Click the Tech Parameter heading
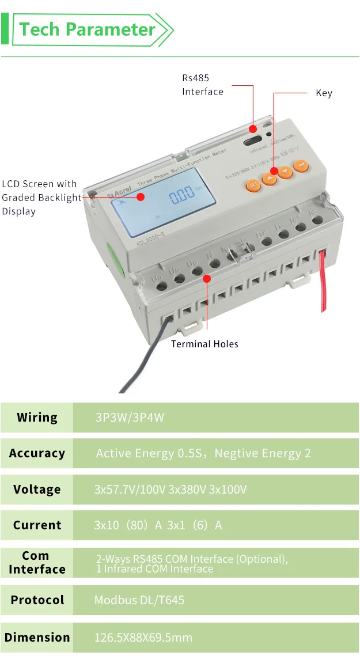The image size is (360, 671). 88,29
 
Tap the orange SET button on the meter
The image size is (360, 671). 253,185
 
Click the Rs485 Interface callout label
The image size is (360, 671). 202,85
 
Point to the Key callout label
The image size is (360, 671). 324,93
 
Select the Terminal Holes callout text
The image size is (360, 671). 204,344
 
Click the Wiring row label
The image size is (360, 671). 37,418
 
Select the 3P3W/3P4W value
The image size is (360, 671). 130,418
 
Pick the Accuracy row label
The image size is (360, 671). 37,453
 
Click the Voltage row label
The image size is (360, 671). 37,490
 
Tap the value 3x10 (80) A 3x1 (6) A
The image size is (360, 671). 158,525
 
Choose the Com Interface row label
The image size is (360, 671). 37,562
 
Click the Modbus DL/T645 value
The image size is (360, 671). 139,600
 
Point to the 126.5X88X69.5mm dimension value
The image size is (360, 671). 143,638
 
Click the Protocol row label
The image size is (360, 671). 37,600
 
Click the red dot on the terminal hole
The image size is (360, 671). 207,278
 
